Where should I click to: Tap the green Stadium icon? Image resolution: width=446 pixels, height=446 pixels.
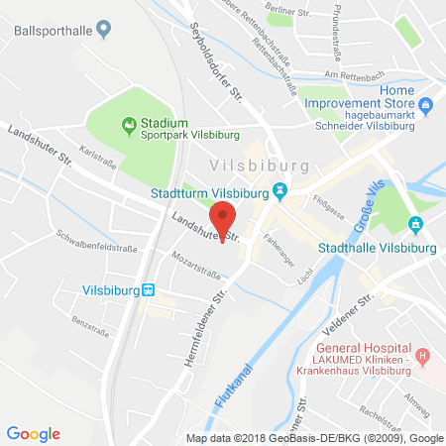[x=127, y=124]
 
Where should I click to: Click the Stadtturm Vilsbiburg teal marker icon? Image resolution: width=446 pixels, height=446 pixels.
[x=280, y=190]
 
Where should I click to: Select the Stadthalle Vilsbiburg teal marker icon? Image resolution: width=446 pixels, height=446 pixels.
[x=415, y=224]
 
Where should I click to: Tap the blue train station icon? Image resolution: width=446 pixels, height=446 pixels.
[x=148, y=289]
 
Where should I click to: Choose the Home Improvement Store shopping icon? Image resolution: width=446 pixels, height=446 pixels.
[x=425, y=104]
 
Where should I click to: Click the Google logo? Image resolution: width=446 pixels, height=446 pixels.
[x=33, y=433]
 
